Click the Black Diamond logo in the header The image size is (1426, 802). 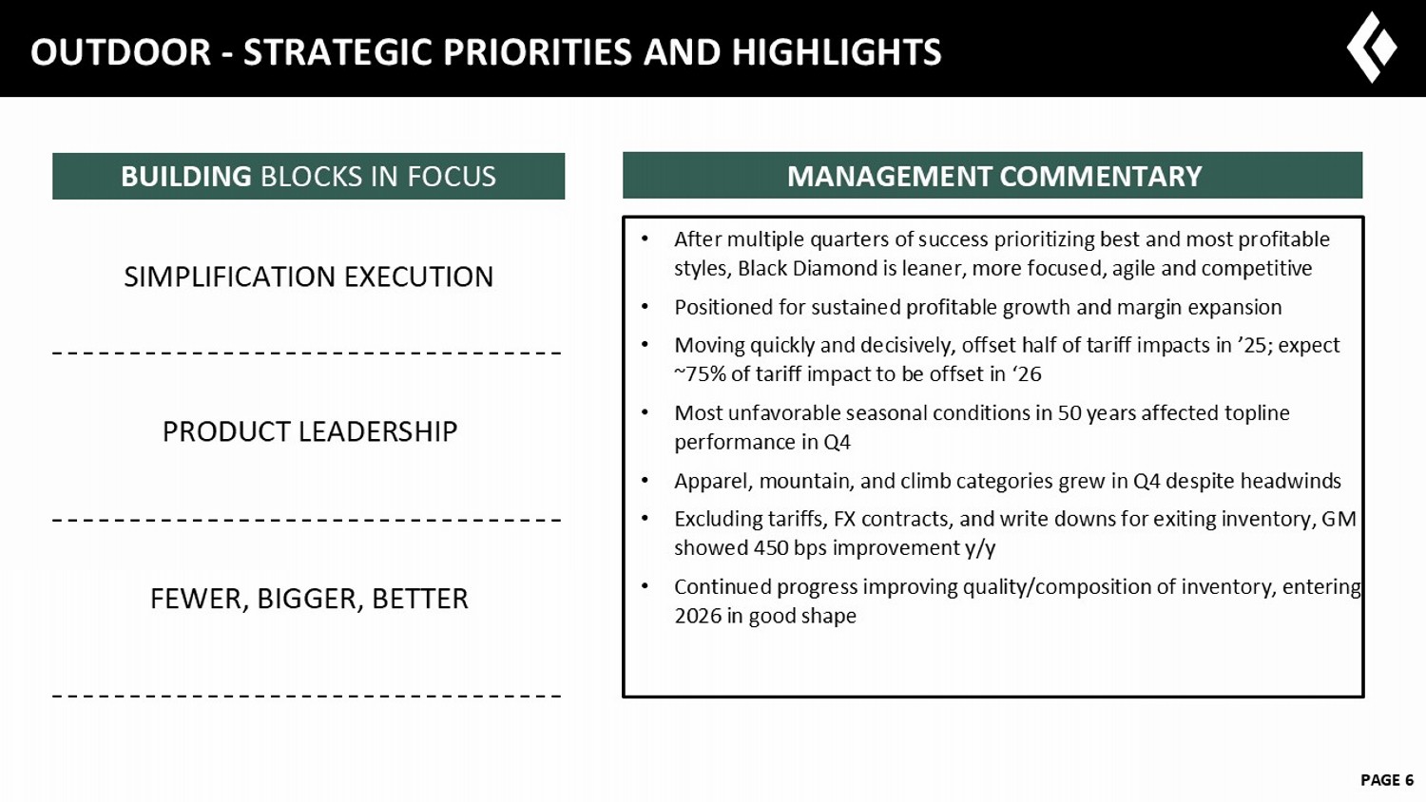pyautogui.click(x=1372, y=48)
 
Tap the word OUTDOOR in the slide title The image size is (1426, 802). pyautogui.click(x=121, y=52)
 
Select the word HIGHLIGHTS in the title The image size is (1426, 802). pyautogui.click(x=837, y=52)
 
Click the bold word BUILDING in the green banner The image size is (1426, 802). pyautogui.click(x=186, y=177)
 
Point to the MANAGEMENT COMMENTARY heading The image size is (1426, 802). pyautogui.click(x=994, y=177)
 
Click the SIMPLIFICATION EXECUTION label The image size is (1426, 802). pyautogui.click(x=309, y=277)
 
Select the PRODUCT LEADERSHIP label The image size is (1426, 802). pyautogui.click(x=310, y=431)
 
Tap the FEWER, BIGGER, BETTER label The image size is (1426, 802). pyautogui.click(x=309, y=599)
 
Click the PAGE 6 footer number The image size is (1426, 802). pyautogui.click(x=1387, y=780)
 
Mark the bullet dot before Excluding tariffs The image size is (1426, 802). pyautogui.click(x=645, y=519)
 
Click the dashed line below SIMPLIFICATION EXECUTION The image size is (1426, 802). pyautogui.click(x=307, y=353)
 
